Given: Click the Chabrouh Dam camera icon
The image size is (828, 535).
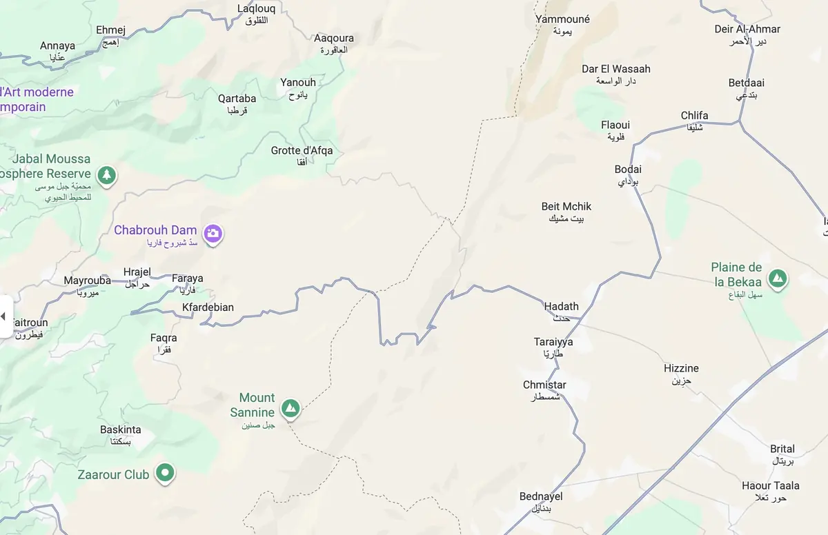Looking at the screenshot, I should click(213, 233).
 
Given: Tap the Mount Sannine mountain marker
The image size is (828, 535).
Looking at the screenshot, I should click(291, 408).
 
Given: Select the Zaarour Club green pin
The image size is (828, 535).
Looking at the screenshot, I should click(164, 474).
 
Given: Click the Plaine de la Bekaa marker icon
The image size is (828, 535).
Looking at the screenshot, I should click(778, 279).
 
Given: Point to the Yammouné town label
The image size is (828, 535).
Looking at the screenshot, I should click(562, 20).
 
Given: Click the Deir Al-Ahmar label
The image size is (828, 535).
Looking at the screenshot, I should click(747, 30).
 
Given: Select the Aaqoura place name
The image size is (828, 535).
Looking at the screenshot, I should click(334, 39).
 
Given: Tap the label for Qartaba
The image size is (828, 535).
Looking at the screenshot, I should click(237, 99).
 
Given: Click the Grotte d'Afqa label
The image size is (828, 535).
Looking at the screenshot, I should click(302, 151).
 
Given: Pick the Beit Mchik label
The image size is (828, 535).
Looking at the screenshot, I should click(566, 207).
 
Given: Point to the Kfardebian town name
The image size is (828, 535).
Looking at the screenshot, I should click(208, 307).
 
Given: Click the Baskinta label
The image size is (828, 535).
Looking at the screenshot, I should click(121, 430).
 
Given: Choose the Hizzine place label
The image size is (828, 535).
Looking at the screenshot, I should click(681, 369).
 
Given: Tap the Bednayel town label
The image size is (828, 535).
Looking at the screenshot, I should click(541, 497).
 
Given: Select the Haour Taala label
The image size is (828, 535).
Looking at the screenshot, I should click(771, 486).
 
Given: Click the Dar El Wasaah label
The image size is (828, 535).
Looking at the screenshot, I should click(615, 69).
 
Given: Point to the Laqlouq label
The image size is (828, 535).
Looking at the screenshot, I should click(256, 9).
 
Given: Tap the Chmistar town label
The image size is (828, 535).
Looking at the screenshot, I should click(544, 385).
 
